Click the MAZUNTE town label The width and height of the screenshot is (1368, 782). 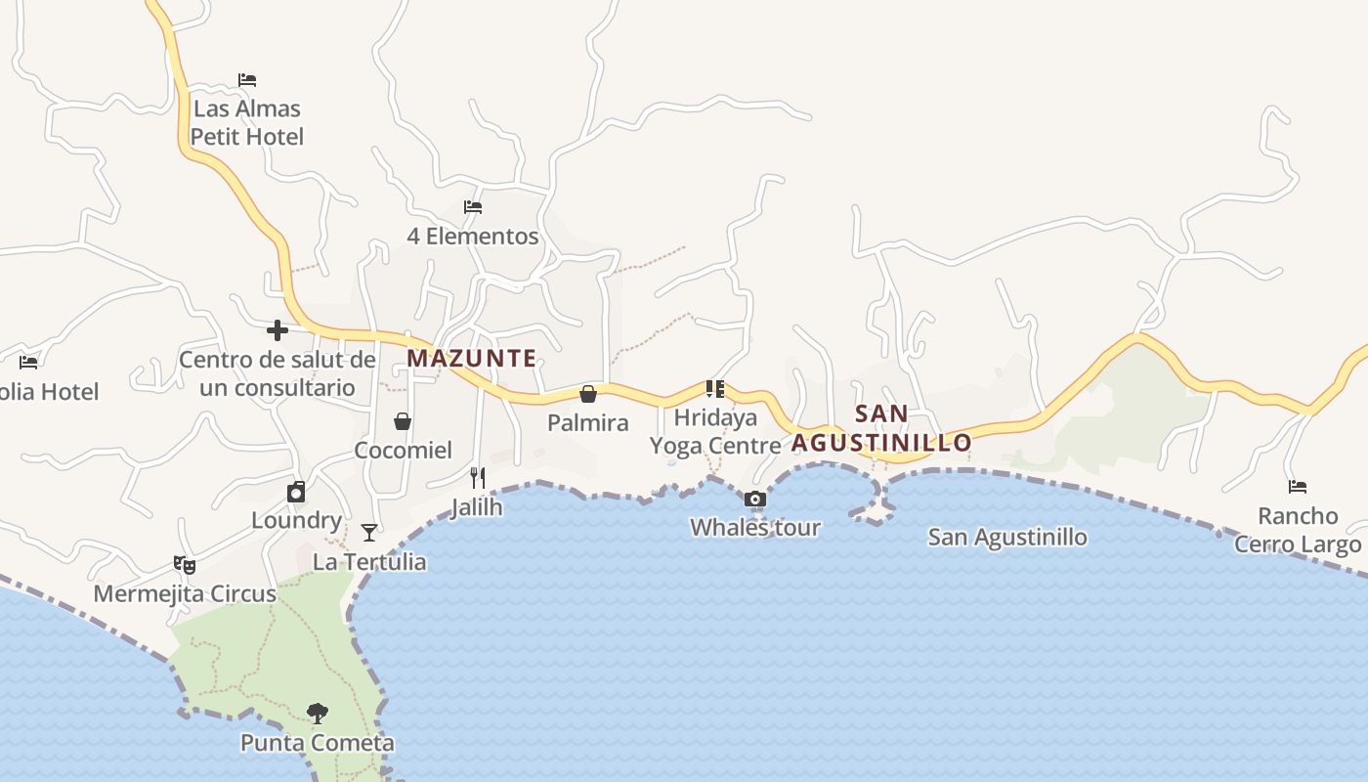click(472, 358)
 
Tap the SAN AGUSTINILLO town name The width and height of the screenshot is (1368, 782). click(881, 428)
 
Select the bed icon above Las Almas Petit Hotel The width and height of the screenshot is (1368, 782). click(247, 80)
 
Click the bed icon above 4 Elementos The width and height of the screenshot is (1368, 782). click(473, 207)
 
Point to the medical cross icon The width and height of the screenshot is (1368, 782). click(278, 330)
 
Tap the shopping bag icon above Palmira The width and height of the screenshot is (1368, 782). click(588, 394)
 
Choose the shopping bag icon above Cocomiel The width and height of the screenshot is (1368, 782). click(402, 421)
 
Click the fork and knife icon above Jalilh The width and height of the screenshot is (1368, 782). click(478, 477)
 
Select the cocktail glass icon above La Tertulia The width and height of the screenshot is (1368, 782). click(369, 533)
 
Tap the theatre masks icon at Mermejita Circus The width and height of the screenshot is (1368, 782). click(184, 564)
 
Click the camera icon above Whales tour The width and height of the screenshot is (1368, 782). click(754, 500)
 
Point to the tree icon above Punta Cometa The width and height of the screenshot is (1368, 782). click(317, 713)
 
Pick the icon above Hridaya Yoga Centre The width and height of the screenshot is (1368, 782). click(715, 389)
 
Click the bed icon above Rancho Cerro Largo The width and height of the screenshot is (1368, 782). click(1298, 487)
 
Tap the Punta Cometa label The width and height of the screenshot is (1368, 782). click(318, 743)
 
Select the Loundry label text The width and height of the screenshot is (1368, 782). click(296, 520)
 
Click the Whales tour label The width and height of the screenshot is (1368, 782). click(755, 528)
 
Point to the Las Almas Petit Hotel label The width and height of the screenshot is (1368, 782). click(247, 122)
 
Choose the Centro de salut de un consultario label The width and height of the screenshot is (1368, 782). click(277, 373)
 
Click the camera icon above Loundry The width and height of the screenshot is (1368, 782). click(296, 492)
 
